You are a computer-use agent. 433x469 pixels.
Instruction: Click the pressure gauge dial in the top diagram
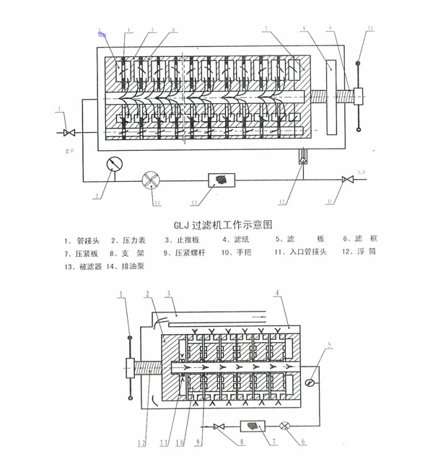(112, 164)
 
